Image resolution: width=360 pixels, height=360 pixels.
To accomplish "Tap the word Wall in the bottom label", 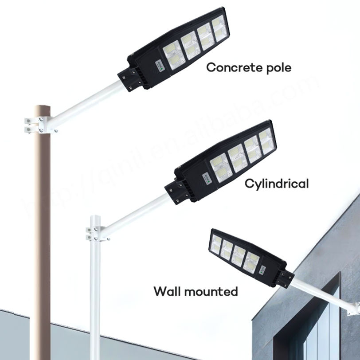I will point(168,292).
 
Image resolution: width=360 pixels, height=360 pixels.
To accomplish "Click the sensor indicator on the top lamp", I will point(159,66).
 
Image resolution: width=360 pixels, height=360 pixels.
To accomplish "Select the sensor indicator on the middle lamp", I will point(206,178).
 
